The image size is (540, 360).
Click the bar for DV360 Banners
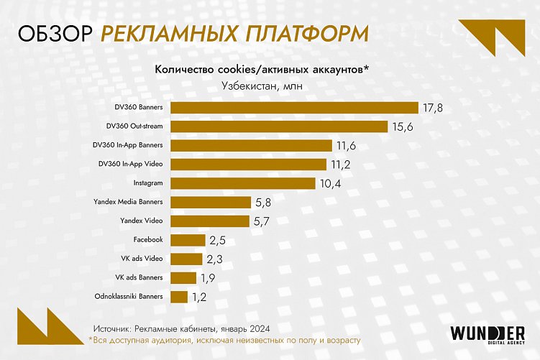pos(295,108)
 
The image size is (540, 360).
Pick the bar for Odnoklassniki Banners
pos(179,296)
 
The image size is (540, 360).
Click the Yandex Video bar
pos(210,221)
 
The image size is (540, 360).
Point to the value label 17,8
pos(433,108)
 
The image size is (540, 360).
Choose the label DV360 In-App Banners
pos(128,145)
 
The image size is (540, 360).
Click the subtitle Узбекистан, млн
pos(262,86)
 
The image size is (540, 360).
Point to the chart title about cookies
pos(262,69)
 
